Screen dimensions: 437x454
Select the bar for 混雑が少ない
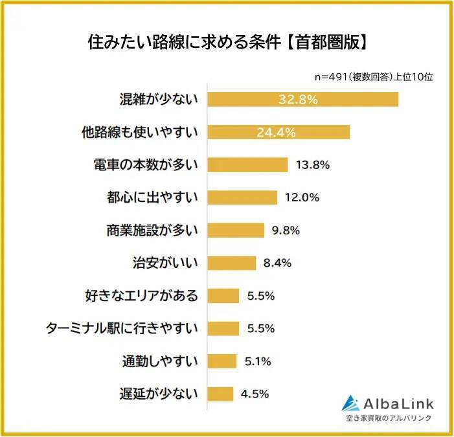302,99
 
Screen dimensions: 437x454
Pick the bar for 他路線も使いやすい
278,132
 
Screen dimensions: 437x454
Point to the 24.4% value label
277,132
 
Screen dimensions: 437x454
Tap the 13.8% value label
312,165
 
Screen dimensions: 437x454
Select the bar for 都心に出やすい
242,197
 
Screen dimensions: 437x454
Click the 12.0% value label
302,197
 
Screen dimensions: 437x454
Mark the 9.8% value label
286,230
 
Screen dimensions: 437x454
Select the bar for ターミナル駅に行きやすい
223,328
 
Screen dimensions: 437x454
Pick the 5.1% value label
258,361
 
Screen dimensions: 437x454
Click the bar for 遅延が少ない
220,394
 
